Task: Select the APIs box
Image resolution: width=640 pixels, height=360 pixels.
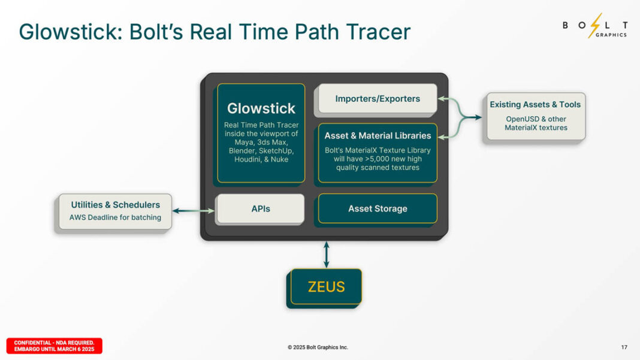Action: (261, 209)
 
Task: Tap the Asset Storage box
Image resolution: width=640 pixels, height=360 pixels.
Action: (378, 208)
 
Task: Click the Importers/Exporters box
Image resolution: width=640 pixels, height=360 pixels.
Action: (378, 99)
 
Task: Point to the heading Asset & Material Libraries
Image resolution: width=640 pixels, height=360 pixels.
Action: (378, 135)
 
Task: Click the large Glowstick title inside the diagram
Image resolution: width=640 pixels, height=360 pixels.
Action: (261, 108)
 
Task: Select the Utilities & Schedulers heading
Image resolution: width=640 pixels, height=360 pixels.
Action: (116, 205)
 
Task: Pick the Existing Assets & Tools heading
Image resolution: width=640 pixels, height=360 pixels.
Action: (535, 104)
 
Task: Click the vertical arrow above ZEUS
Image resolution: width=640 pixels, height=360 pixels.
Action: (327, 254)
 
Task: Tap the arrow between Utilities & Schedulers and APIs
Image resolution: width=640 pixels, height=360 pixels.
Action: (194, 210)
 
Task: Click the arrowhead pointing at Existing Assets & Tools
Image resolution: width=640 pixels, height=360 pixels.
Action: (478, 117)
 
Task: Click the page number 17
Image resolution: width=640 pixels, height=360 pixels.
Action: (624, 347)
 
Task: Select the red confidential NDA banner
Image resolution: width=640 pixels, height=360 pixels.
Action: (55, 346)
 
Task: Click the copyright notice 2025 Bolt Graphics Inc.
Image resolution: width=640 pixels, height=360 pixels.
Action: (318, 347)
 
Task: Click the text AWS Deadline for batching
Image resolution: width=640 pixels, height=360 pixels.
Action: (115, 217)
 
